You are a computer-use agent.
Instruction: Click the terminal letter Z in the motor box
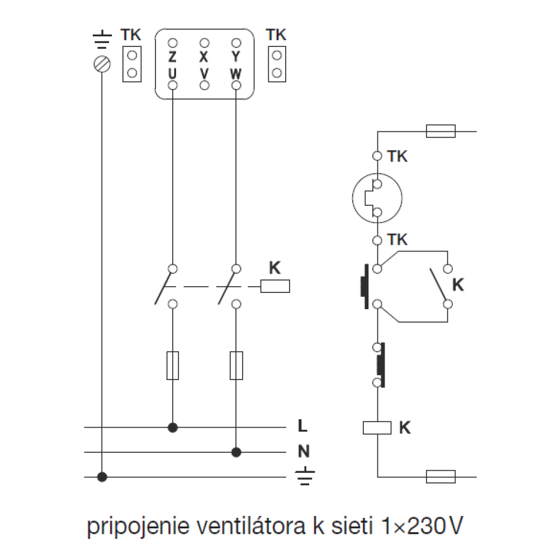click(x=173, y=56)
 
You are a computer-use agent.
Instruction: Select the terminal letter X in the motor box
click(x=204, y=56)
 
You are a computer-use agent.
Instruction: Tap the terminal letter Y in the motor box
click(x=236, y=56)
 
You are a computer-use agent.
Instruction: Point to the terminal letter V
click(x=204, y=73)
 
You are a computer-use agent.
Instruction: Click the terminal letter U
click(x=173, y=73)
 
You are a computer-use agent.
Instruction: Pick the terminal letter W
click(x=236, y=73)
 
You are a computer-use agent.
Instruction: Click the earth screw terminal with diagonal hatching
click(x=102, y=64)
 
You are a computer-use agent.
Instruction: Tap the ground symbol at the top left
click(x=102, y=40)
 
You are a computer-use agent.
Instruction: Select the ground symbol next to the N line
click(x=305, y=476)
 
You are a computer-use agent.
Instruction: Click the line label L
click(x=302, y=425)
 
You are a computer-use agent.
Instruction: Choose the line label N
click(x=304, y=451)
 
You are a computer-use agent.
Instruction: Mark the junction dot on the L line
click(x=173, y=427)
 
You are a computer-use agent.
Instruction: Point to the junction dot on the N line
click(x=236, y=452)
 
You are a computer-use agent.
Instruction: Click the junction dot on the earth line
click(x=102, y=477)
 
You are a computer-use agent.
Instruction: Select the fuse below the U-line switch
click(x=173, y=366)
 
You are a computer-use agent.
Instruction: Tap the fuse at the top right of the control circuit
click(x=440, y=131)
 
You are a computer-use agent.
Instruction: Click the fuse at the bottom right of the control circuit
click(x=440, y=477)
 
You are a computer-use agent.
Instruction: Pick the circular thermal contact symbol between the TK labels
click(x=377, y=198)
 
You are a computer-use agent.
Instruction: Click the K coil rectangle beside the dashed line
click(x=275, y=286)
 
